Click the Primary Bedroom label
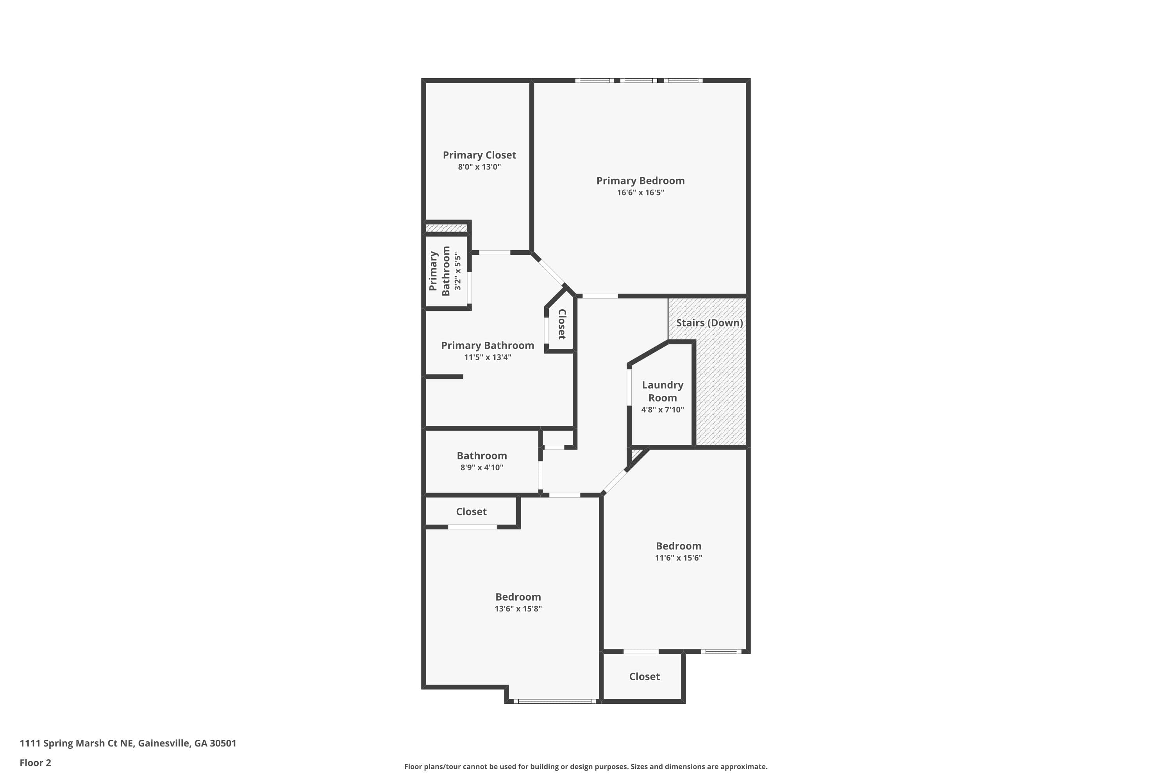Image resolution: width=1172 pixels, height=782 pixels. pos(640,181)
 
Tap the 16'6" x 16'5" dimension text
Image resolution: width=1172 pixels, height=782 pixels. pos(640,192)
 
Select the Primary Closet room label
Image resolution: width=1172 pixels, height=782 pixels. pos(479,155)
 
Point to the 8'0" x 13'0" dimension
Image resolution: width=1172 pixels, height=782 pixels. pos(479,167)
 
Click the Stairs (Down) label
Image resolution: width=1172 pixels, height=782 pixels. pos(709,323)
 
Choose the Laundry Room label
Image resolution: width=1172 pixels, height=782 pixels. pos(662,391)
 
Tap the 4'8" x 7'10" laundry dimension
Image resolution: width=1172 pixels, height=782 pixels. pos(662,409)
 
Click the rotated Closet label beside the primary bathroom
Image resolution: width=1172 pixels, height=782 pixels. pos(562,324)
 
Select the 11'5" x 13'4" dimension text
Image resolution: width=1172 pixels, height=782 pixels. pos(487,357)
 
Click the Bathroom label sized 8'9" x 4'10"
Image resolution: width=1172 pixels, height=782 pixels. pos(481,456)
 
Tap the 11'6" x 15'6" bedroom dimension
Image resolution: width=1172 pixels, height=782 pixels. pos(678,558)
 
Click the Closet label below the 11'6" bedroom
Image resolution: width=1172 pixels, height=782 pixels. pos(644,676)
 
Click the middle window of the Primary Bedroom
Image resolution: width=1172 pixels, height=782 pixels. pos(638,80)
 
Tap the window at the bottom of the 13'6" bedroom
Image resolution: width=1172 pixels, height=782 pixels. pos(555,701)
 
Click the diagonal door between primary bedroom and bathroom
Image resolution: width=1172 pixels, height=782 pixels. pos(552,272)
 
